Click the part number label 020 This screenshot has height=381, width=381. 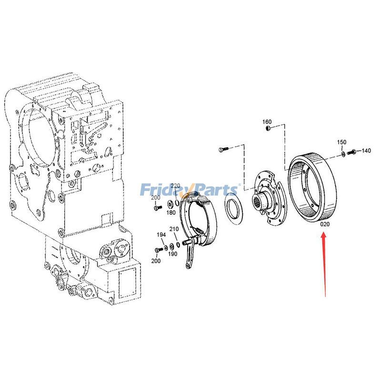[325, 224]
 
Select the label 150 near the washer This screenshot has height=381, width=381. [342, 142]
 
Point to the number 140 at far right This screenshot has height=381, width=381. [366, 151]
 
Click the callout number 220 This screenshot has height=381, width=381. [176, 186]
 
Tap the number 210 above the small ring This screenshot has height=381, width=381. [174, 229]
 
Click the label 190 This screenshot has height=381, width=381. [173, 254]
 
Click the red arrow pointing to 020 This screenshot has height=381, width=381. [325, 262]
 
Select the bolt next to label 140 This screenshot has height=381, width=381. [352, 152]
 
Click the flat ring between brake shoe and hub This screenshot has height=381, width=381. [234, 211]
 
